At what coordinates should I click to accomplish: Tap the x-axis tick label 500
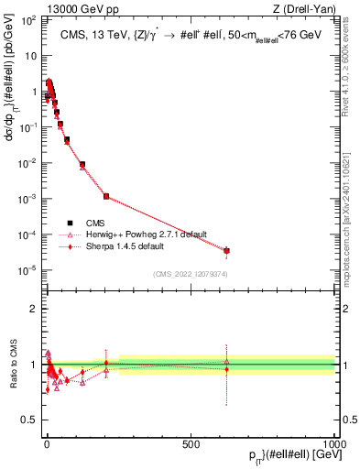click(191, 444)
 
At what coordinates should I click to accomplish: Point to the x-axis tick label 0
click(47, 444)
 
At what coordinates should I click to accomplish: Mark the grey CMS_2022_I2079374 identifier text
click(190, 274)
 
